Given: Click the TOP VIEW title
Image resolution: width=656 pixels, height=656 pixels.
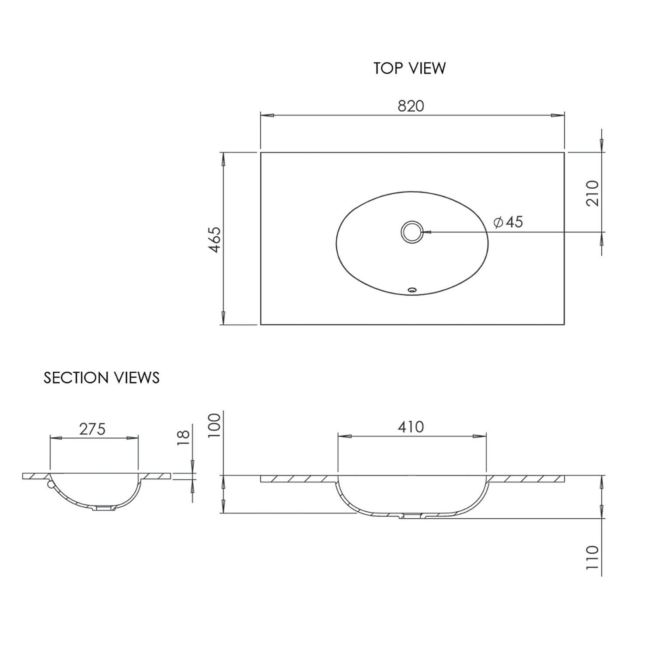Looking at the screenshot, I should (x=409, y=69).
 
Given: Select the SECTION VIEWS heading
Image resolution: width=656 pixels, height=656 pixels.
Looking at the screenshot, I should (x=101, y=378).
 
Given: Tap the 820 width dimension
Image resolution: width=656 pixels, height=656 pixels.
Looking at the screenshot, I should (x=411, y=106).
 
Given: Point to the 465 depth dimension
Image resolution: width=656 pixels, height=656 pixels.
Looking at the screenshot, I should (x=215, y=239).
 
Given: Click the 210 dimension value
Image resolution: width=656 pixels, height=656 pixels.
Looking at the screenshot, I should (x=592, y=193).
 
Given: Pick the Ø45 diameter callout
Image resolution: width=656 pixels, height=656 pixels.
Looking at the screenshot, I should (x=508, y=222).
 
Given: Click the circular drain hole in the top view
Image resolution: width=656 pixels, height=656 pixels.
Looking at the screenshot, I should (x=412, y=232).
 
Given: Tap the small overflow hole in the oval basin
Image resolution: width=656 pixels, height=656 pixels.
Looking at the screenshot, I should (x=412, y=290).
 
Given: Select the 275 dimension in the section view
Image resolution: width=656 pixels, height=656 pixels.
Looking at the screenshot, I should (x=92, y=429).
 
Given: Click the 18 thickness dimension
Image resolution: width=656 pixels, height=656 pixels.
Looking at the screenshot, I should (x=184, y=438).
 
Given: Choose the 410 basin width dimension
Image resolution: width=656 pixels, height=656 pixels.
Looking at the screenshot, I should (x=411, y=427).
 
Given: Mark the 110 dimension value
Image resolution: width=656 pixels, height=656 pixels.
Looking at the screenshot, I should (x=592, y=557).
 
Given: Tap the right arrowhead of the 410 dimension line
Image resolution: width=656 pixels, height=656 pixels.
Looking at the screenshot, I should (x=480, y=436).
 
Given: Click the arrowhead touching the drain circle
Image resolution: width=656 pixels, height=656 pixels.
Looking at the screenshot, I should (x=428, y=232).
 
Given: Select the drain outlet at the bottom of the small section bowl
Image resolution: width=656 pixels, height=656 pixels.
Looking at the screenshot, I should (x=104, y=509).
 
